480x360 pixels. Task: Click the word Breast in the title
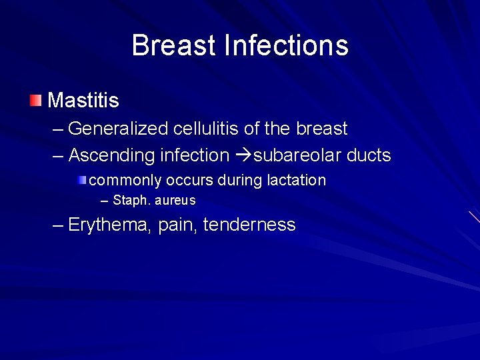tap(173, 45)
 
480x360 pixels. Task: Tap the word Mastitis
tap(83, 101)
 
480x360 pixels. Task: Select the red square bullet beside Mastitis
tap(35, 101)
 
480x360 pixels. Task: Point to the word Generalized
tap(120, 128)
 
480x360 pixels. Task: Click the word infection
tap(195, 155)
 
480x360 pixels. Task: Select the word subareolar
tap(297, 155)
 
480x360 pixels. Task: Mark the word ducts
tap(369, 155)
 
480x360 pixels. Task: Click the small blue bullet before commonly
tap(81, 180)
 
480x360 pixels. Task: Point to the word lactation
tap(297, 180)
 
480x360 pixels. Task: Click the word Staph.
tap(130, 200)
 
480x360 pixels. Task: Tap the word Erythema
tap(110, 225)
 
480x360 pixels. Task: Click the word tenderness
tap(249, 225)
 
